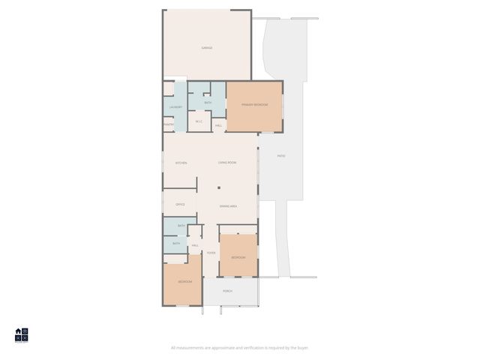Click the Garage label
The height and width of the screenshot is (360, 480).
click(206, 48)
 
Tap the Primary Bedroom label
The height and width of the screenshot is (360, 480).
click(254, 105)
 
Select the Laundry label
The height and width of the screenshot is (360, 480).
click(175, 107)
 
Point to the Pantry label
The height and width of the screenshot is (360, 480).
click(169, 124)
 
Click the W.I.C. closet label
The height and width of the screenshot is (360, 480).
click(199, 121)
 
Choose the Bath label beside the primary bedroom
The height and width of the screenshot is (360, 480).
click(208, 103)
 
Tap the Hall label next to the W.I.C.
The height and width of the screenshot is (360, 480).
click(219, 125)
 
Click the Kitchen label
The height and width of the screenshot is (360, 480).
click(181, 163)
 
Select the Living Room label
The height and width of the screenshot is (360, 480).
click(227, 163)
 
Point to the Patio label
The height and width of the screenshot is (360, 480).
click(281, 156)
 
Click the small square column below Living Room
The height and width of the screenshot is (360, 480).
click(219, 188)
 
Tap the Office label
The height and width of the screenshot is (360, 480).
click(180, 204)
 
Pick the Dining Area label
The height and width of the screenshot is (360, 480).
click(229, 206)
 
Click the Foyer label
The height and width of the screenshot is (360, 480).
click(211, 253)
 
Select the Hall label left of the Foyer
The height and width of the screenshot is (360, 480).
click(195, 245)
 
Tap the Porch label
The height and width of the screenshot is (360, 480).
click(227, 291)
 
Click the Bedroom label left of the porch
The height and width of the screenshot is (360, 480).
click(184, 281)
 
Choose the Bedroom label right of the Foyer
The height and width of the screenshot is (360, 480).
click(238, 257)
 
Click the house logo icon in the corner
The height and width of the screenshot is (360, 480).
click(21, 334)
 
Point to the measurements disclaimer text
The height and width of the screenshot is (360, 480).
click(239, 347)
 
